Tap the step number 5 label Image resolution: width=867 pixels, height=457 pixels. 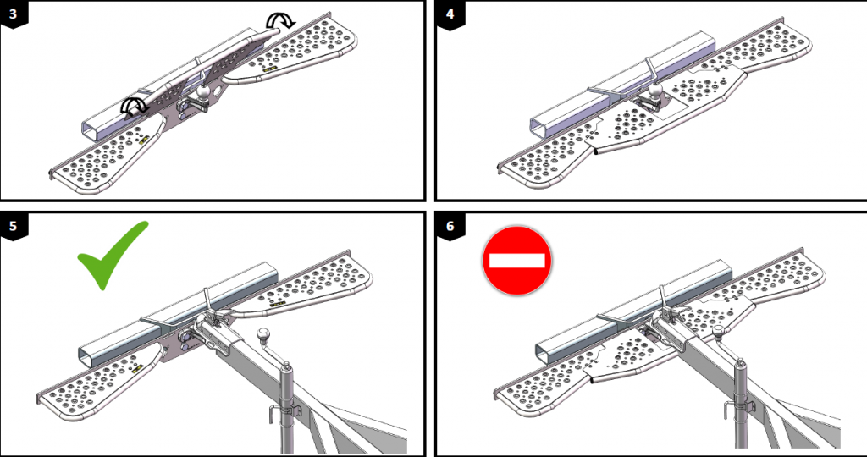pyautogui.click(x=11, y=223)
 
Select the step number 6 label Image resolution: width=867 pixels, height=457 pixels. pyautogui.click(x=446, y=223)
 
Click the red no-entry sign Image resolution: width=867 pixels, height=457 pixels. pyautogui.click(x=516, y=259)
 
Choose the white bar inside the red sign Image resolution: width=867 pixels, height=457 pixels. pyautogui.click(x=516, y=259)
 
